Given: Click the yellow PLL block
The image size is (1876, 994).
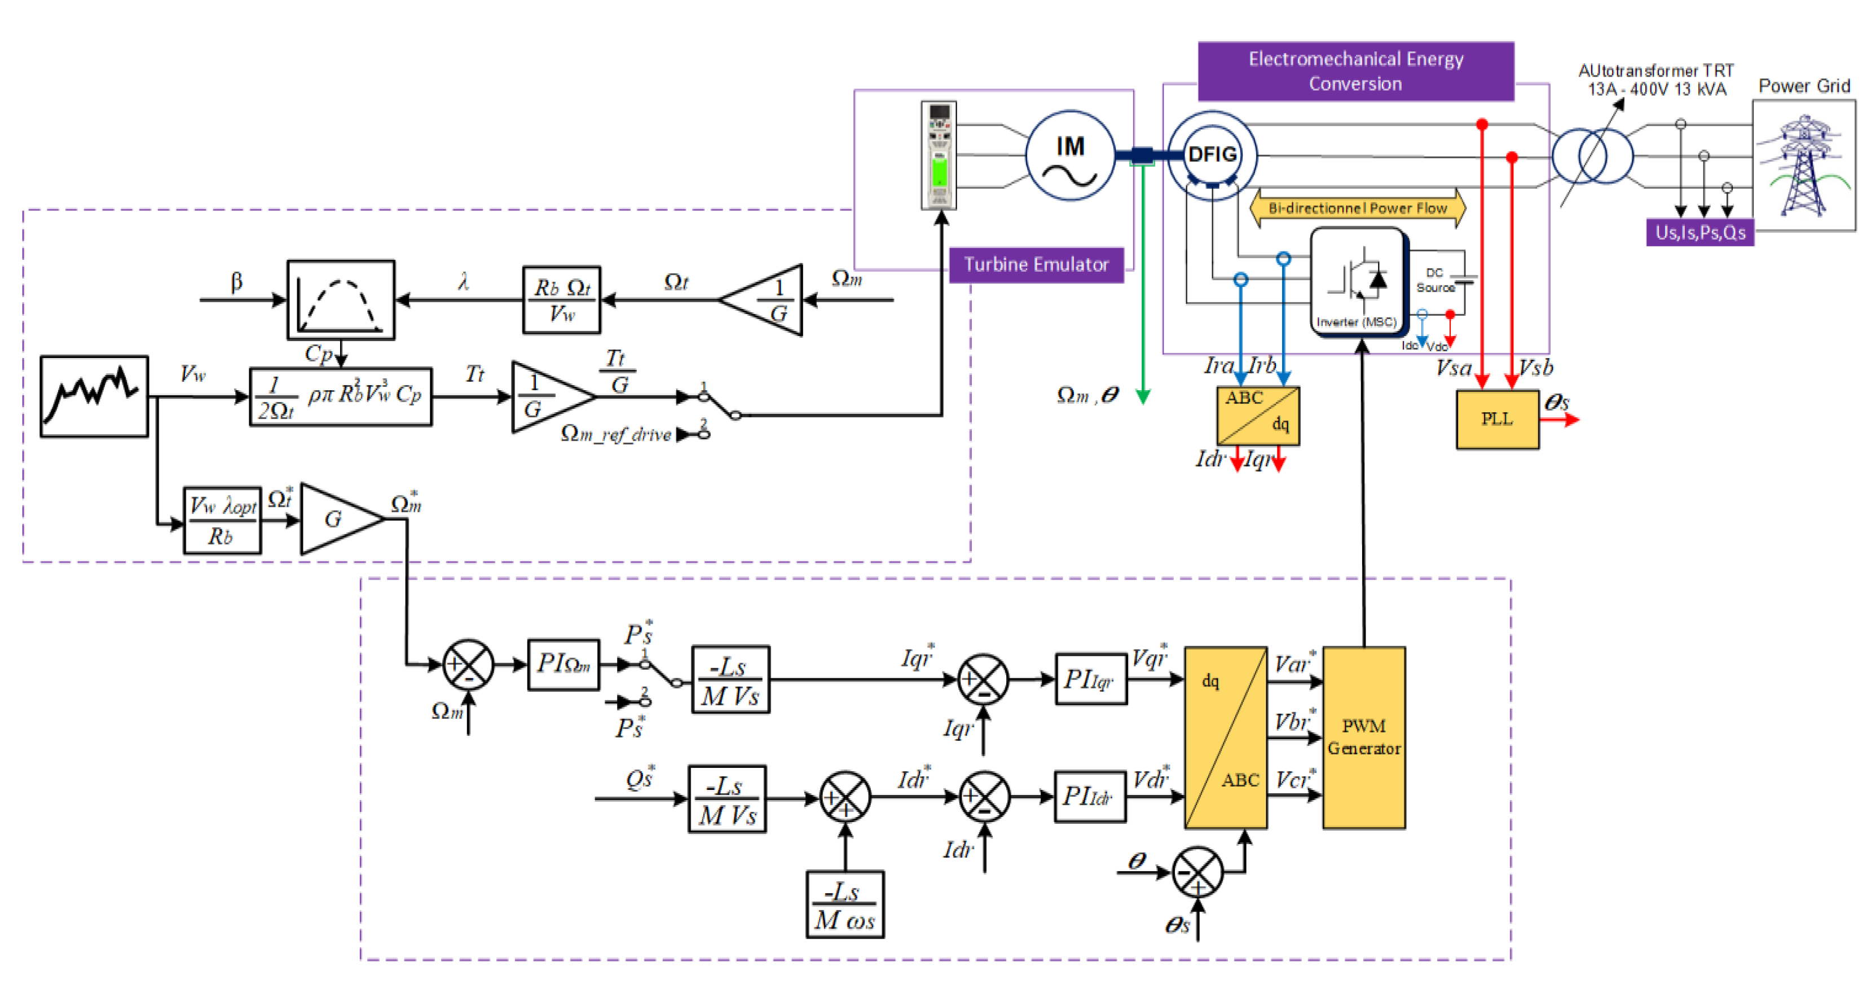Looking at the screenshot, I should tap(1496, 419).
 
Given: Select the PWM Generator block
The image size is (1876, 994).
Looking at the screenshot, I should tap(1363, 737).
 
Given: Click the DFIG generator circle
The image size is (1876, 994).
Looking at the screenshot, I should tap(1212, 154).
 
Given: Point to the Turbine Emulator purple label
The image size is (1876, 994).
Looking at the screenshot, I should tap(1036, 264).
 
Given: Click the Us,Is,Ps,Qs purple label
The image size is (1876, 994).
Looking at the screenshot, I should tap(1700, 232).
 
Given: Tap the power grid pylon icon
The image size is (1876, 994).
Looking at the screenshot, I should tap(1803, 165).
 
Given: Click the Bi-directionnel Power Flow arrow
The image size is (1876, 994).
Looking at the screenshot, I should tap(1358, 208).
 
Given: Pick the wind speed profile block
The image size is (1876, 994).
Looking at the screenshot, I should tap(94, 397).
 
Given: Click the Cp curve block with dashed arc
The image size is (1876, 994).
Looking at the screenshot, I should tap(341, 300).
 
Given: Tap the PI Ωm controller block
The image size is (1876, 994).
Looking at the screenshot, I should tap(563, 664).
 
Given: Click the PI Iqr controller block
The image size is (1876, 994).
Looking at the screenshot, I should tap(1090, 679).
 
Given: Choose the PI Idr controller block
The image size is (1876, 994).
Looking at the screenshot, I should tap(1090, 797).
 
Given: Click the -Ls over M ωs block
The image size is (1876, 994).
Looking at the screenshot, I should tap(845, 904).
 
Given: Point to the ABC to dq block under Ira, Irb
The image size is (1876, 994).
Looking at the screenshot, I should tap(1258, 416).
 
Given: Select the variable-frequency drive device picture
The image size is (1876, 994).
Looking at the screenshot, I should tap(939, 155).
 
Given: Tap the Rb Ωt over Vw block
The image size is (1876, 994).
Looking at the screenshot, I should tap(561, 300).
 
